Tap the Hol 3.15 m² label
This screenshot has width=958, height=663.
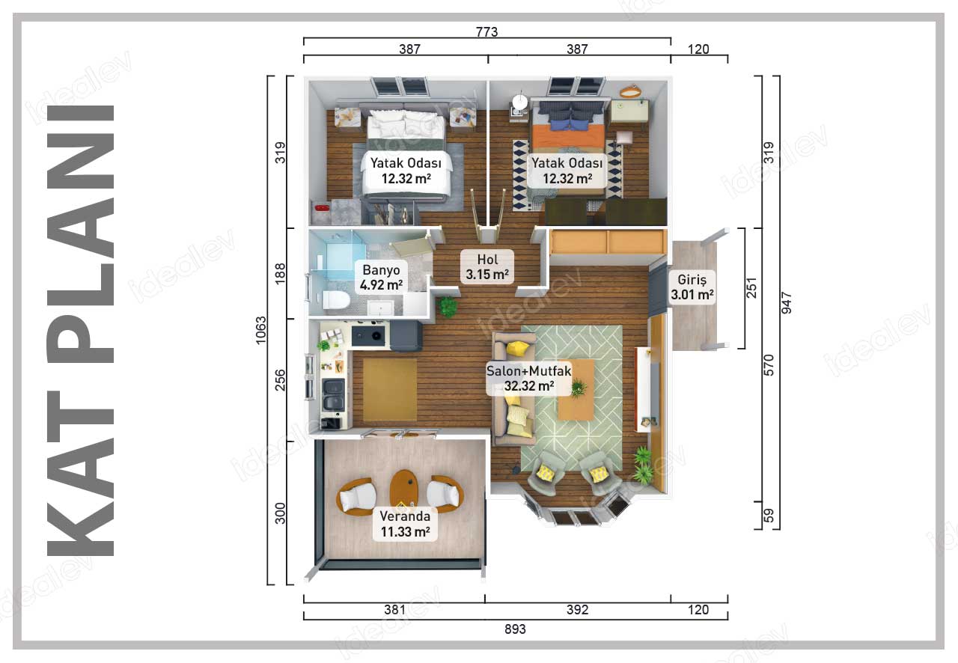pos(487,266)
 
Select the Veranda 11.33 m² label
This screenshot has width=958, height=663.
pos(405,524)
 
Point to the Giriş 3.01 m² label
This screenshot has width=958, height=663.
pos(692,287)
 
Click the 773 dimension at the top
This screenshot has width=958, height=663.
pos(486,31)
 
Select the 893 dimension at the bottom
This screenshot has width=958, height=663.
pos(515,629)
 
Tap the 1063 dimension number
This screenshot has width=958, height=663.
pos(260,330)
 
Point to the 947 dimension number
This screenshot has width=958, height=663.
pos(787,303)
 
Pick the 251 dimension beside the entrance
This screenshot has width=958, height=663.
pos(751,288)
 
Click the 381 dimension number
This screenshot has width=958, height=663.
pos(394,610)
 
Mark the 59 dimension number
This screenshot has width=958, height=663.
pos(769,516)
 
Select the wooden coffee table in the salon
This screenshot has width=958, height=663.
pos(576,390)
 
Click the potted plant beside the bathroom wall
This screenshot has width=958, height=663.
pos(448,307)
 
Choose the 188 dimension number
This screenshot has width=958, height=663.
pos(280,273)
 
